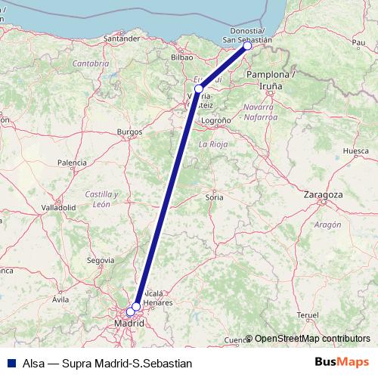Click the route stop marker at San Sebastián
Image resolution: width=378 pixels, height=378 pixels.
[247, 46]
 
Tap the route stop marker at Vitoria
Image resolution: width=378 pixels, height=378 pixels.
[199, 89]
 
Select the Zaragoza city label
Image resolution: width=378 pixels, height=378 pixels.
[323, 194]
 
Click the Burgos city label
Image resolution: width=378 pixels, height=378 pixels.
[129, 132]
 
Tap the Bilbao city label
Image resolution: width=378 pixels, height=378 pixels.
[183, 57]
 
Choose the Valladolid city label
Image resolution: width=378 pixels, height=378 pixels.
[58, 206]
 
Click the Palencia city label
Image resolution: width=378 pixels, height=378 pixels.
[72, 163]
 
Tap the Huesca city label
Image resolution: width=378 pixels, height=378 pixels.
[355, 151]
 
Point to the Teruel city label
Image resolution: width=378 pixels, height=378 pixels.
[308, 314]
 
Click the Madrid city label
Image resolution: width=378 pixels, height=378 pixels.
[129, 323]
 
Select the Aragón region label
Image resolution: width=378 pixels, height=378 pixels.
[327, 225]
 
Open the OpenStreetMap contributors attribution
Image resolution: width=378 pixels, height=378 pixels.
[312, 339]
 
